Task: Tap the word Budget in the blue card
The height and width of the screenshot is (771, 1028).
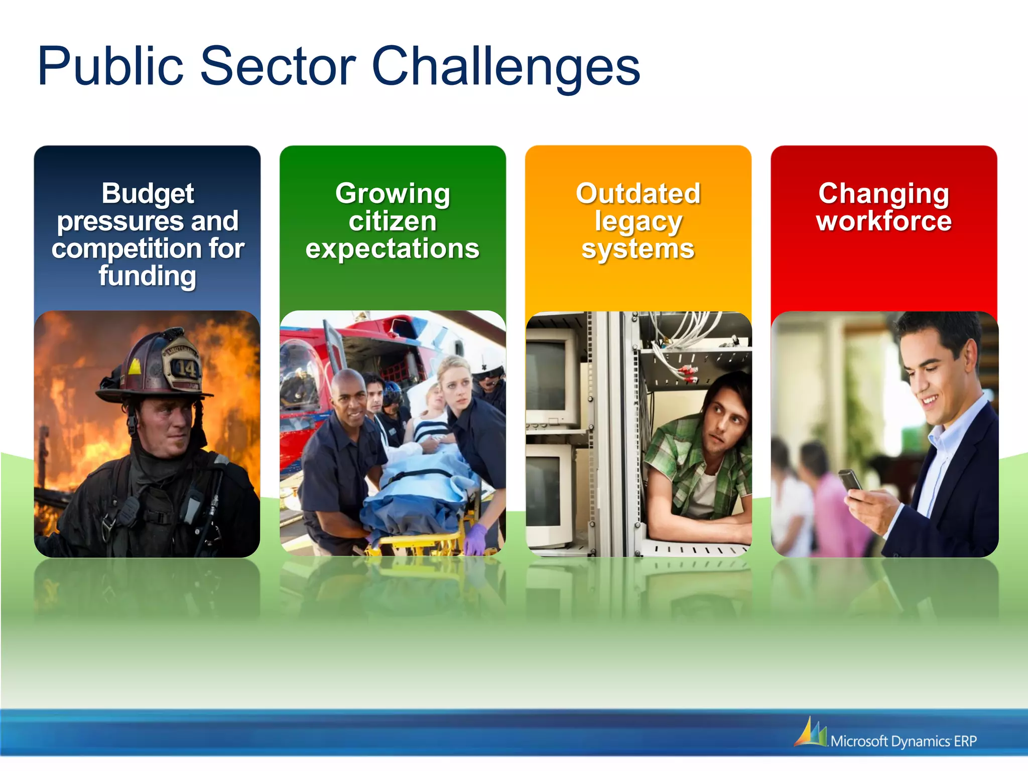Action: point(148,194)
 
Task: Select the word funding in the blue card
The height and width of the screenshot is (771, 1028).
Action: point(147,276)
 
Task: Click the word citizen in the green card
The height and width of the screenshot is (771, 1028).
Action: point(393,221)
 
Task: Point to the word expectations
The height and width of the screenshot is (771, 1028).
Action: point(393,249)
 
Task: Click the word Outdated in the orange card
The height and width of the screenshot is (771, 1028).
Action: point(638,194)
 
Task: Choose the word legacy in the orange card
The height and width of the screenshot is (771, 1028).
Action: point(638,222)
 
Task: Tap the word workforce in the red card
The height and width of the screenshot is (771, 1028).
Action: point(883,221)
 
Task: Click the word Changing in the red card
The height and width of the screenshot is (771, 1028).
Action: point(883,194)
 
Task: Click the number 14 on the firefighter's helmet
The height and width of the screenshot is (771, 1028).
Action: point(185,369)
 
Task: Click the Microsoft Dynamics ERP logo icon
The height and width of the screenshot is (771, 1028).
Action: point(811,732)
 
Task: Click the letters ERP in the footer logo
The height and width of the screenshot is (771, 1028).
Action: point(965,741)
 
